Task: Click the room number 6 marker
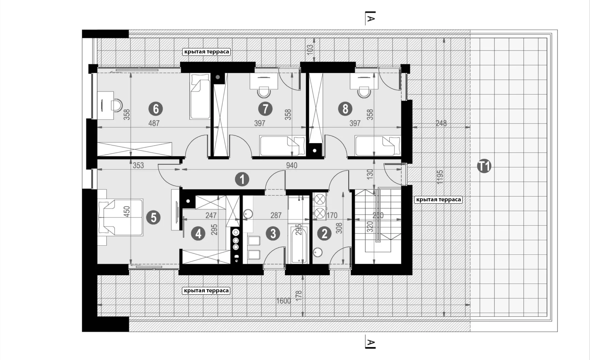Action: click(156, 109)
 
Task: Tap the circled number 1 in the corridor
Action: click(242, 179)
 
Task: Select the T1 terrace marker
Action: click(484, 166)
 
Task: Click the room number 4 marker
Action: click(198, 233)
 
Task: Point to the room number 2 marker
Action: click(325, 233)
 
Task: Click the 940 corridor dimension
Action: click(291, 165)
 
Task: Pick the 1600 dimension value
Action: click(283, 301)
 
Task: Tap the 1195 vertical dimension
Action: click(440, 177)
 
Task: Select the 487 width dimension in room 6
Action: click(154, 123)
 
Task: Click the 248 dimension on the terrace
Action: click(441, 123)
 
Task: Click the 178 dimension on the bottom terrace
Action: click(298, 294)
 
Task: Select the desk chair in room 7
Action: click(264, 92)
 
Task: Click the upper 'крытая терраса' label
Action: click(206, 52)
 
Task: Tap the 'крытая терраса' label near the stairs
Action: click(438, 200)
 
